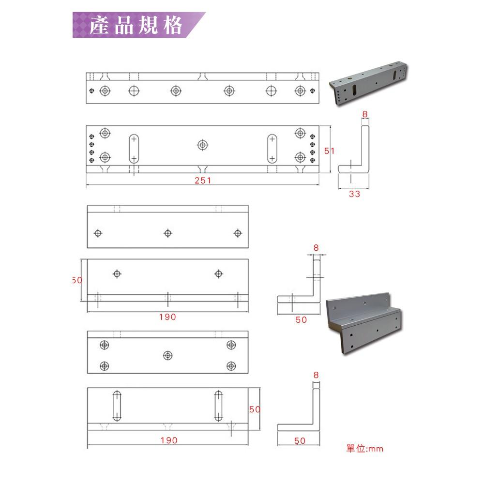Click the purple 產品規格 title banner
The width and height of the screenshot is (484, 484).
coord(139,25)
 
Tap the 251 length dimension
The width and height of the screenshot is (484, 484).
coord(203,181)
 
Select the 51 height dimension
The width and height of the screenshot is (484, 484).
coord(329,151)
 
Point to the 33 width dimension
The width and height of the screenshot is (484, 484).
coord(354,194)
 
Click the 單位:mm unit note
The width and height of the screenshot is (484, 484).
coord(364,449)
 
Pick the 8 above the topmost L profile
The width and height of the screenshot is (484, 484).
coord(365,114)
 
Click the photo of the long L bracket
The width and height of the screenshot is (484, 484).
coord(368,83)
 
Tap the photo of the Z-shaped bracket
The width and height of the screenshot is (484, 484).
coord(364,323)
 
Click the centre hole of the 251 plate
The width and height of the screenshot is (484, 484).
coord(202,145)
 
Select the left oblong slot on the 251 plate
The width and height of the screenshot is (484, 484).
coord(134,149)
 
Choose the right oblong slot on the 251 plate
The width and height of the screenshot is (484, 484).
coord(272,149)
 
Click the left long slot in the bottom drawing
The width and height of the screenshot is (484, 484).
coord(117,406)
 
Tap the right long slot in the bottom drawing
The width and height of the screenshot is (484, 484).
coord(219,406)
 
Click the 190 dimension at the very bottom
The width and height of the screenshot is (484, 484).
coord(169,440)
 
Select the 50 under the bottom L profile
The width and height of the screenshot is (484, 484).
coord(300,441)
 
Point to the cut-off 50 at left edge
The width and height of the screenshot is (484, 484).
coord(77,280)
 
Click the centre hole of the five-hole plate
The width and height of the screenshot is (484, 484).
coord(167,356)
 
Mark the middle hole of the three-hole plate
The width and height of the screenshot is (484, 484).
coord(167,233)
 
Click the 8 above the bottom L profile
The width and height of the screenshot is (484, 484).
coord(316,375)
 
